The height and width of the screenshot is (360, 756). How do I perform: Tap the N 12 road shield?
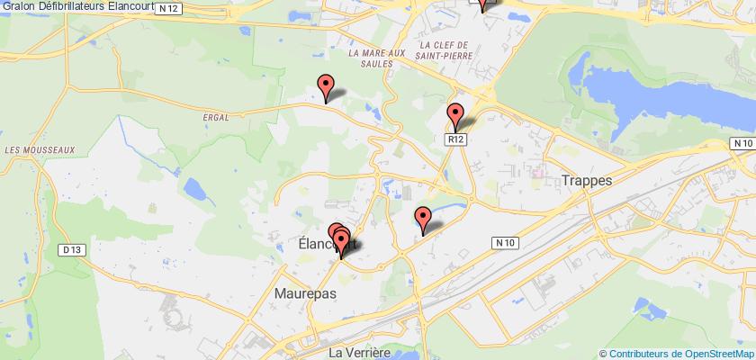click(x=165, y=8)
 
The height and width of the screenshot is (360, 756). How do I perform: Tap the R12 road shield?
click(x=458, y=139)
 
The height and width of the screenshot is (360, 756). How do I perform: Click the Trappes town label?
click(x=586, y=180)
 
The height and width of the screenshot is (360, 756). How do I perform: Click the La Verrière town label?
click(x=360, y=352)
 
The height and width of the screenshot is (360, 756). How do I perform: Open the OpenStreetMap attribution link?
click(x=678, y=352)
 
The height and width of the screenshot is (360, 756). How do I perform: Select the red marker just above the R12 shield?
click(x=455, y=117)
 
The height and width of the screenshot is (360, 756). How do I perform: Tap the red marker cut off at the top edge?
click(x=483, y=4)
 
